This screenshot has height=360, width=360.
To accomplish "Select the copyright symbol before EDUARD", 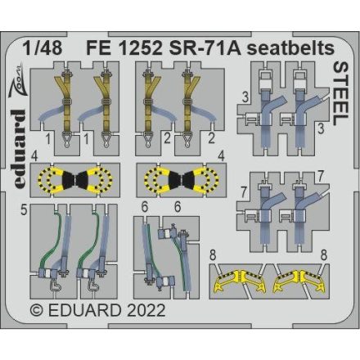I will [37, 311].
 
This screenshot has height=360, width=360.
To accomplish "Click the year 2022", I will [146, 311].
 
